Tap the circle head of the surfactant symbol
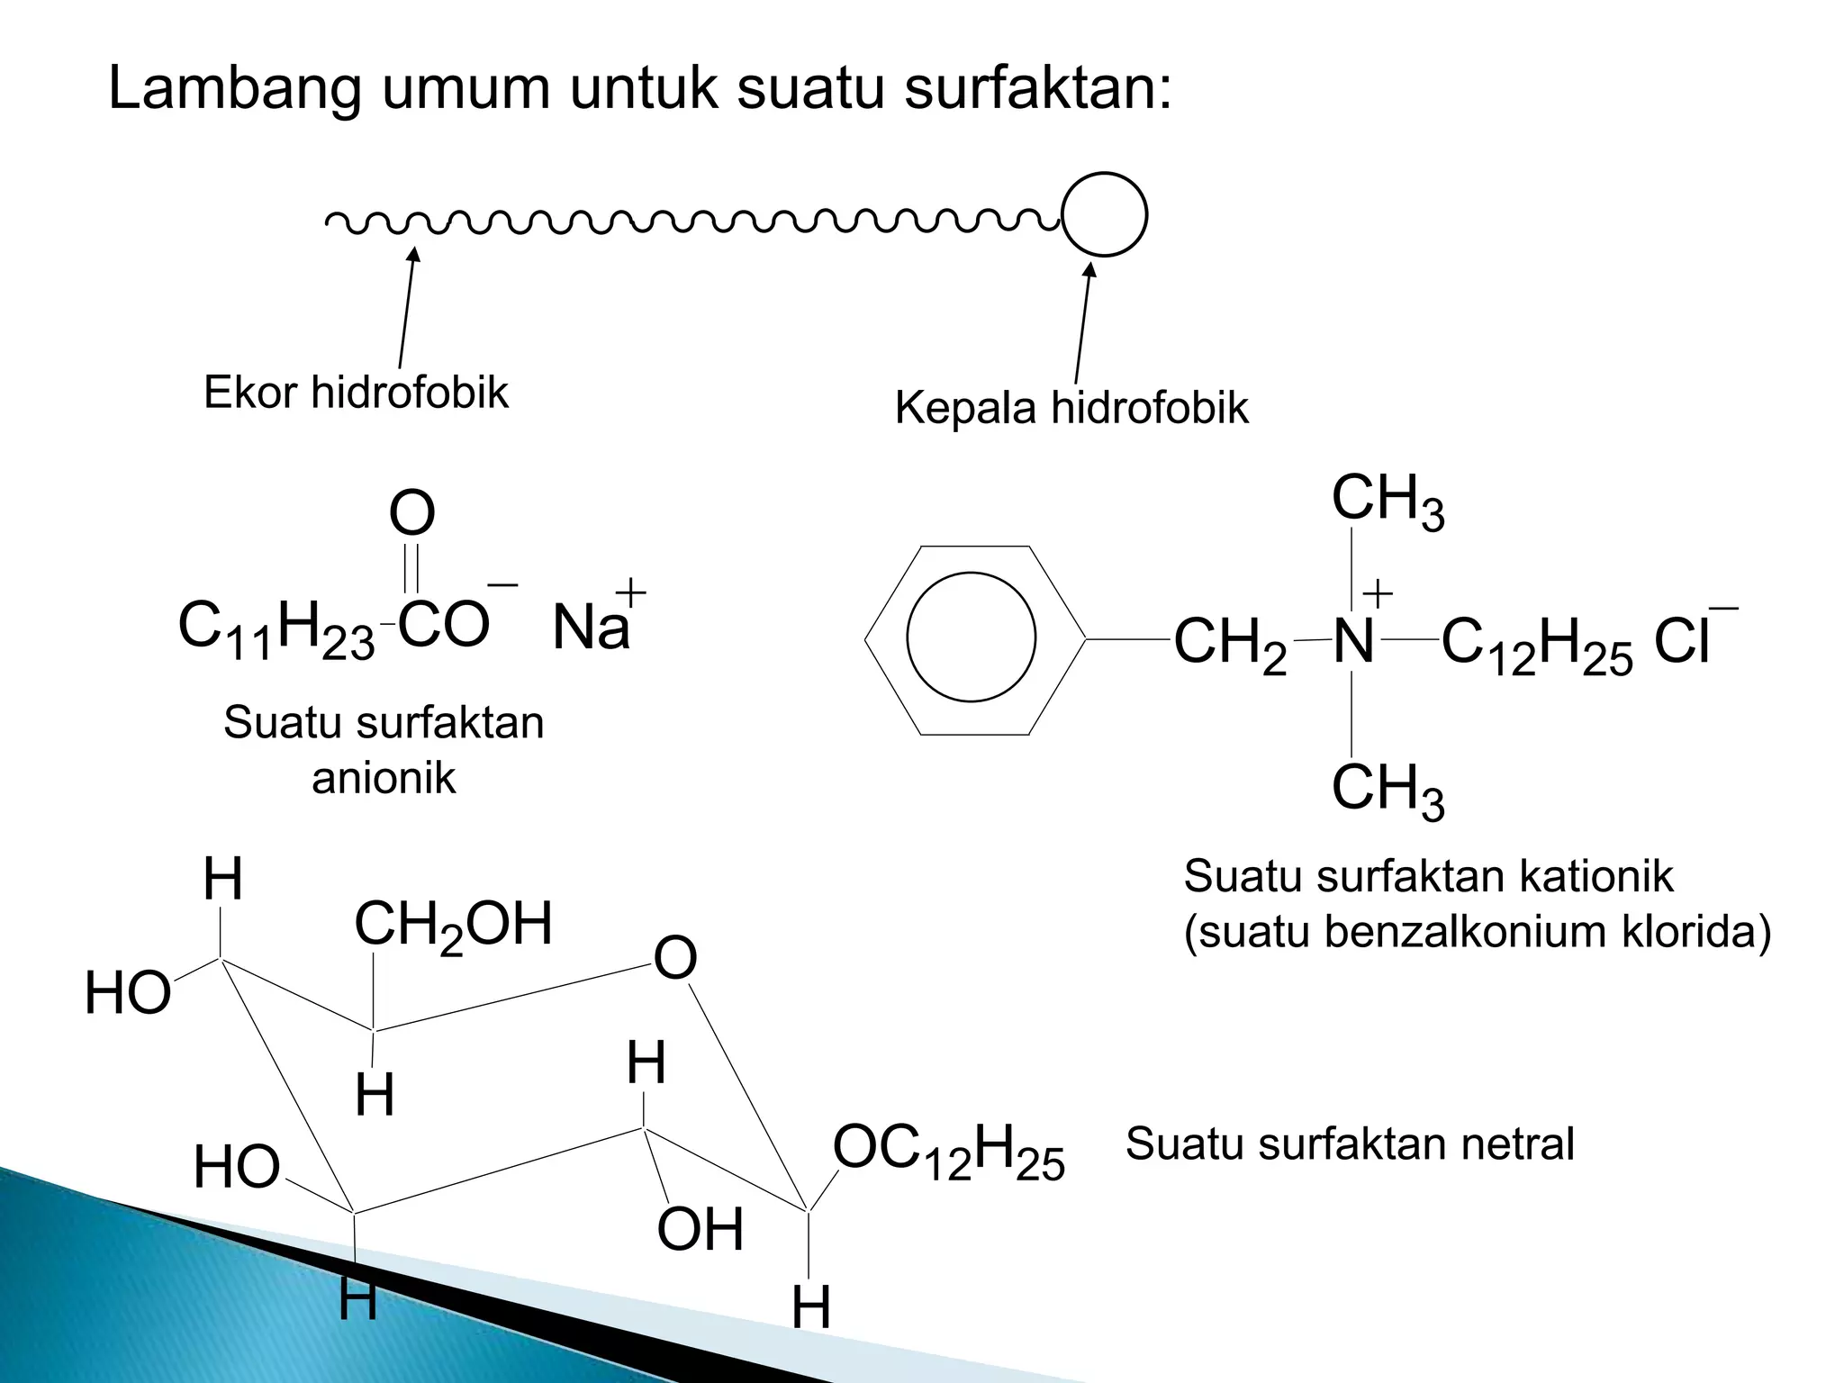1104,214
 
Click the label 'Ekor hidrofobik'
356,393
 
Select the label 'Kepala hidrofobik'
1071,408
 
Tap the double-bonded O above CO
411,513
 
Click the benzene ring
972,639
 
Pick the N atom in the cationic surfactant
1353,641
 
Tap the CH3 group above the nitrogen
1387,501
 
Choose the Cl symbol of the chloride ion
1681,641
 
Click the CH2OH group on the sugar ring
453,926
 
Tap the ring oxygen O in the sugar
675,957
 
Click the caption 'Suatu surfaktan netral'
1350,1144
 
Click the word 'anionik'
384,778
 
